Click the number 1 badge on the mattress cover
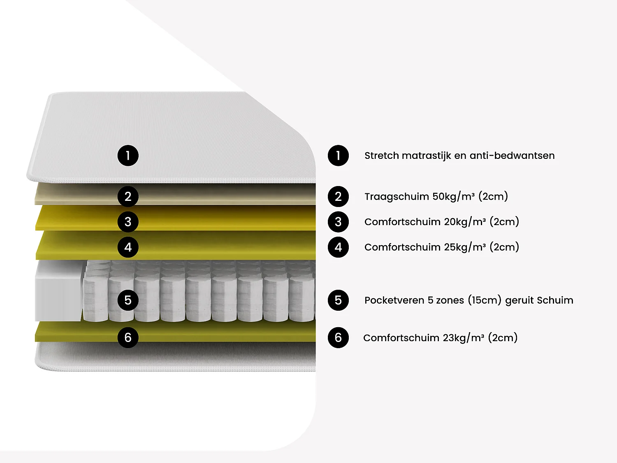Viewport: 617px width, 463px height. click(128, 156)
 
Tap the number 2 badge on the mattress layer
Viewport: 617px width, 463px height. click(128, 196)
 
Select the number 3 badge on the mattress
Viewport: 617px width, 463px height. click(128, 222)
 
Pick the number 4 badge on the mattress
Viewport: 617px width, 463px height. click(128, 247)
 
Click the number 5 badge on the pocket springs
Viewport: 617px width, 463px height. click(128, 300)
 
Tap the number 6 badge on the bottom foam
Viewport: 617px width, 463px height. click(128, 337)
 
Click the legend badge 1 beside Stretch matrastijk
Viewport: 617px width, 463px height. click(338, 156)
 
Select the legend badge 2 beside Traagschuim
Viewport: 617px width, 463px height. click(338, 196)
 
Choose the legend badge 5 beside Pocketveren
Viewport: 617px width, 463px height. click(338, 300)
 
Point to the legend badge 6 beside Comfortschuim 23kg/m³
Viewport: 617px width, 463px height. click(338, 337)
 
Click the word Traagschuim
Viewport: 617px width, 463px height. click(397, 197)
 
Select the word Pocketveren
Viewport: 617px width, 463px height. click(394, 300)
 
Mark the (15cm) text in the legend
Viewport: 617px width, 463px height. click(485, 300)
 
